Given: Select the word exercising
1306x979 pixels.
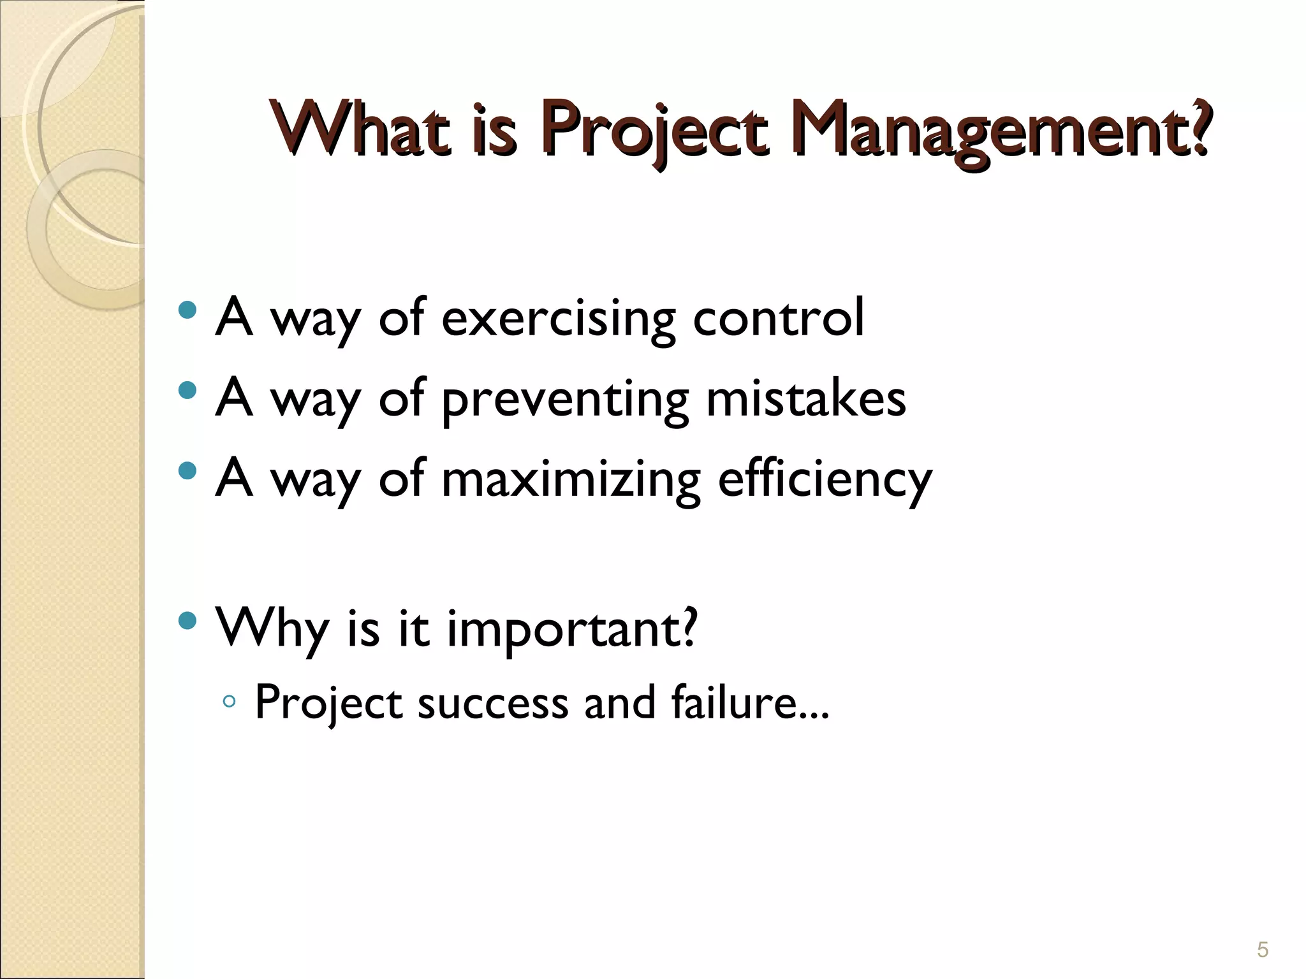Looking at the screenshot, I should click(559, 319).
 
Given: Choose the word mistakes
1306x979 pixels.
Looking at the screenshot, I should click(806, 399).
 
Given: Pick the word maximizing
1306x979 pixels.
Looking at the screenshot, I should click(571, 479).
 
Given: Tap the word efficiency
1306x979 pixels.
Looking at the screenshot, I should click(825, 479).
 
